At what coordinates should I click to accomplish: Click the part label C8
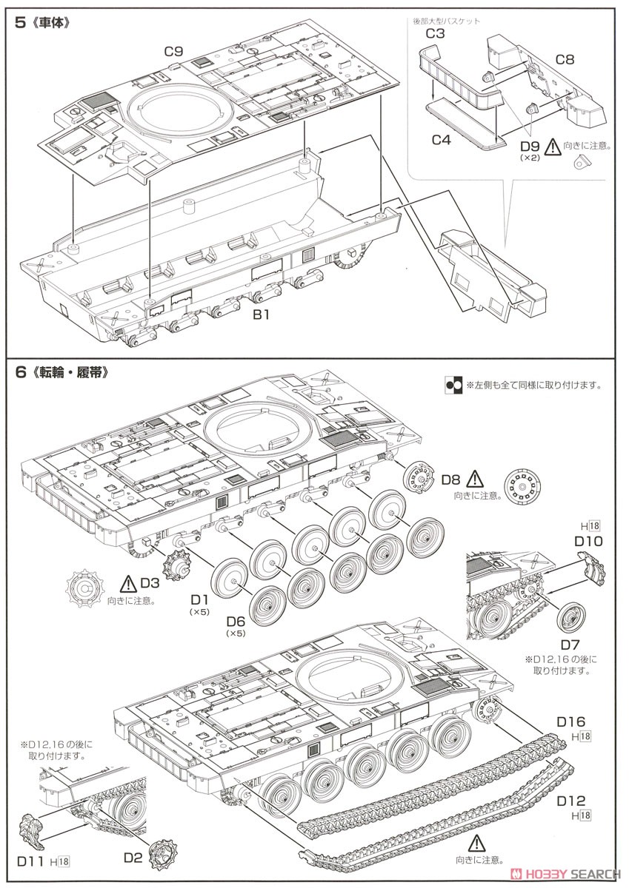565,58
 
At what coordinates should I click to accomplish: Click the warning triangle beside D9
553,146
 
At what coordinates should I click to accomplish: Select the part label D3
150,584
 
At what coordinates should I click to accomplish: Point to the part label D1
199,598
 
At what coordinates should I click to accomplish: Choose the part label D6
236,620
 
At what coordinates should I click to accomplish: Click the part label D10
589,541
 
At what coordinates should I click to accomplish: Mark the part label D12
571,800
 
